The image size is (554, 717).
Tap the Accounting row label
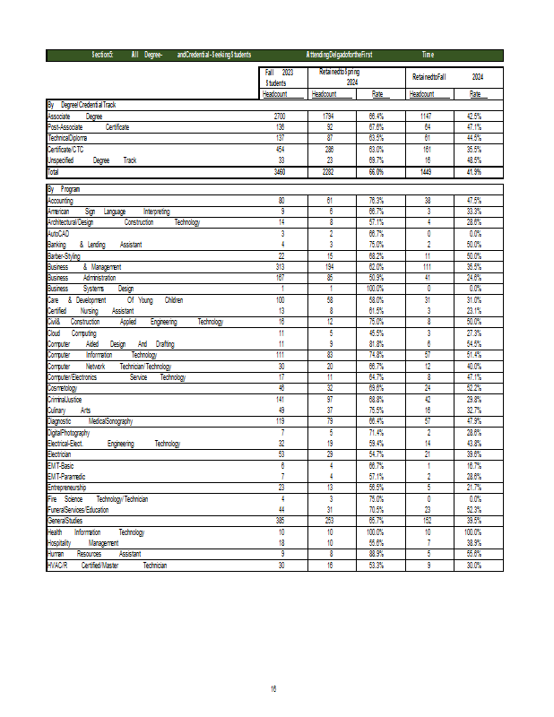point(61,200)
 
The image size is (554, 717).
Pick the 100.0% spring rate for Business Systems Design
point(377,289)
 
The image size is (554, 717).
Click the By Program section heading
point(65,189)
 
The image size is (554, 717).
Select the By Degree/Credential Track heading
point(82,105)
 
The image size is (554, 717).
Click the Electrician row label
point(60,454)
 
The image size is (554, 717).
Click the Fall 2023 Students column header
point(280,77)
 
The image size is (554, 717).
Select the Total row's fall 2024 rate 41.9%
point(474,170)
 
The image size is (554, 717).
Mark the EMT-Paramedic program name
point(67,476)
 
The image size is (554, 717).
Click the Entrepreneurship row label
point(67,487)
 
